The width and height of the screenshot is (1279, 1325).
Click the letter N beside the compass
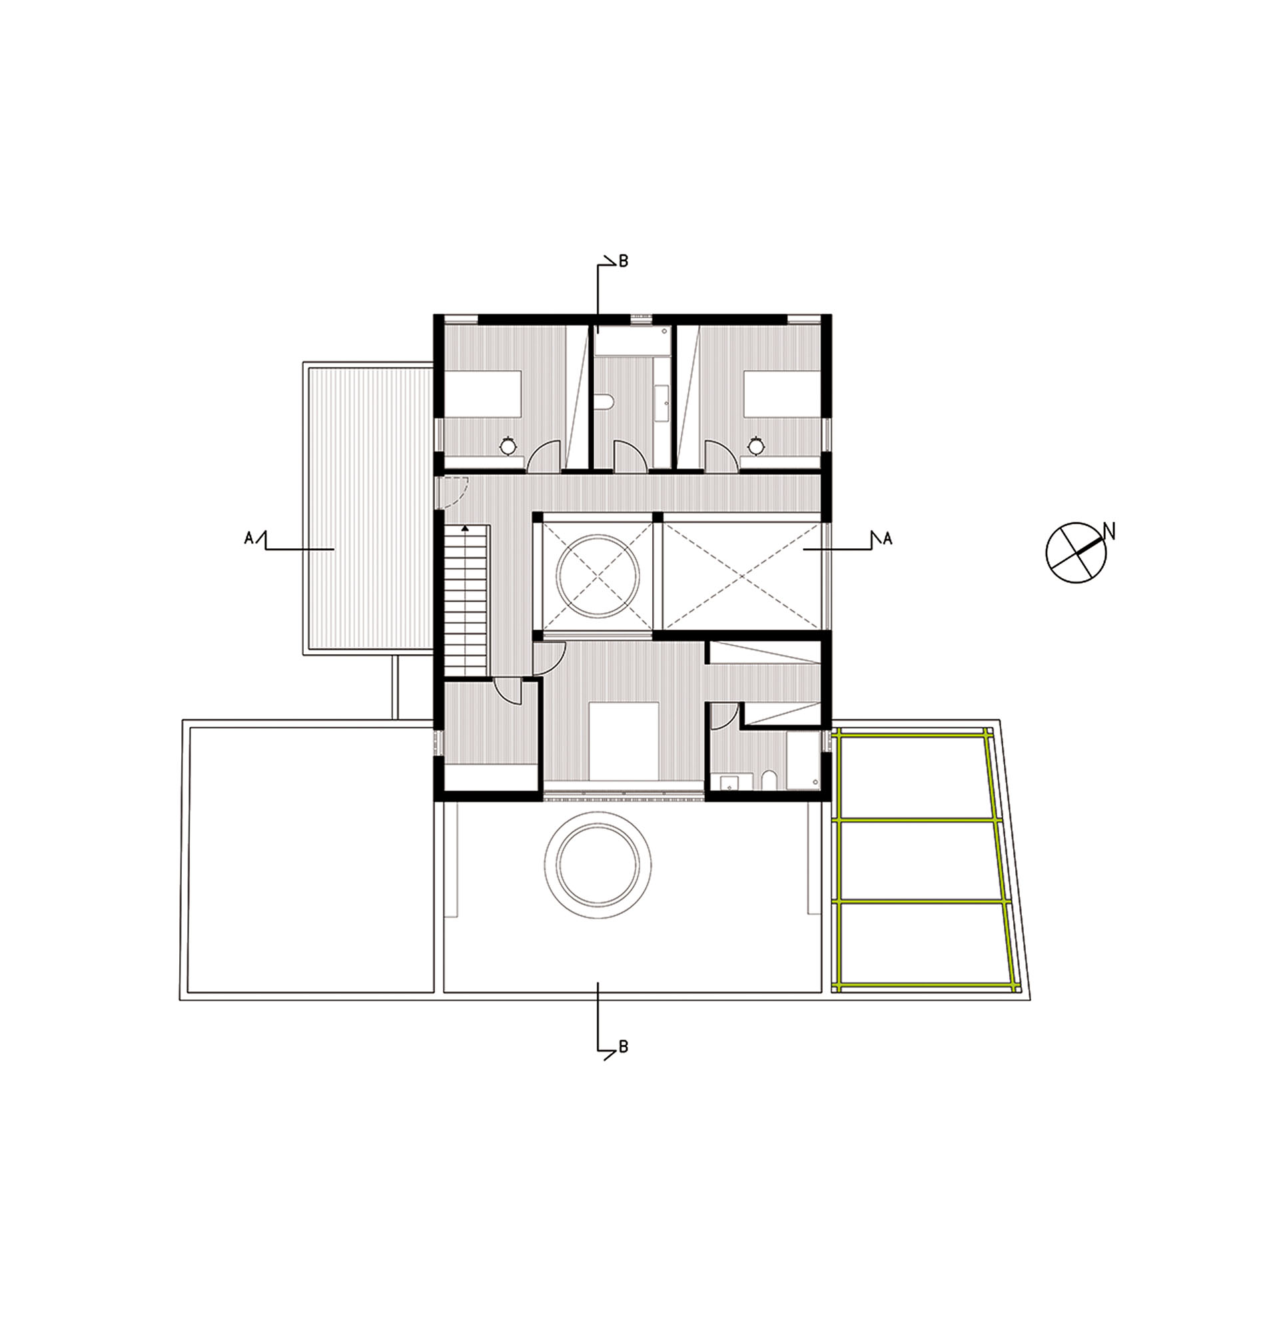[x=1108, y=532]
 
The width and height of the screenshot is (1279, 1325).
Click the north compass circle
[x=1076, y=552]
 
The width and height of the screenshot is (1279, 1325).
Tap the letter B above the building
[x=624, y=261]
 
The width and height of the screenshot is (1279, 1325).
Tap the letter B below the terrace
[x=624, y=1047]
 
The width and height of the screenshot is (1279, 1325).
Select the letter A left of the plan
[x=248, y=538]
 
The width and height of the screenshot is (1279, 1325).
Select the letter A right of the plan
[x=887, y=538]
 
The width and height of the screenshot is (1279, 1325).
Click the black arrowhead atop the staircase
[x=464, y=528]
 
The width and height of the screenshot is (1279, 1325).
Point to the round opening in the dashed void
[x=598, y=576]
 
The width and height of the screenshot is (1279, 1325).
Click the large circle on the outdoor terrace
[x=598, y=865]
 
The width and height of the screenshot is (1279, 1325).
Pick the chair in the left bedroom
[x=508, y=446]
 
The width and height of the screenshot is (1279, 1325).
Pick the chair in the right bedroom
[x=756, y=446]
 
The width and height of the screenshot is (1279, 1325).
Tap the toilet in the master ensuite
[x=769, y=781]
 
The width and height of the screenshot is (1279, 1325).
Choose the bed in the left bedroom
[x=483, y=394]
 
